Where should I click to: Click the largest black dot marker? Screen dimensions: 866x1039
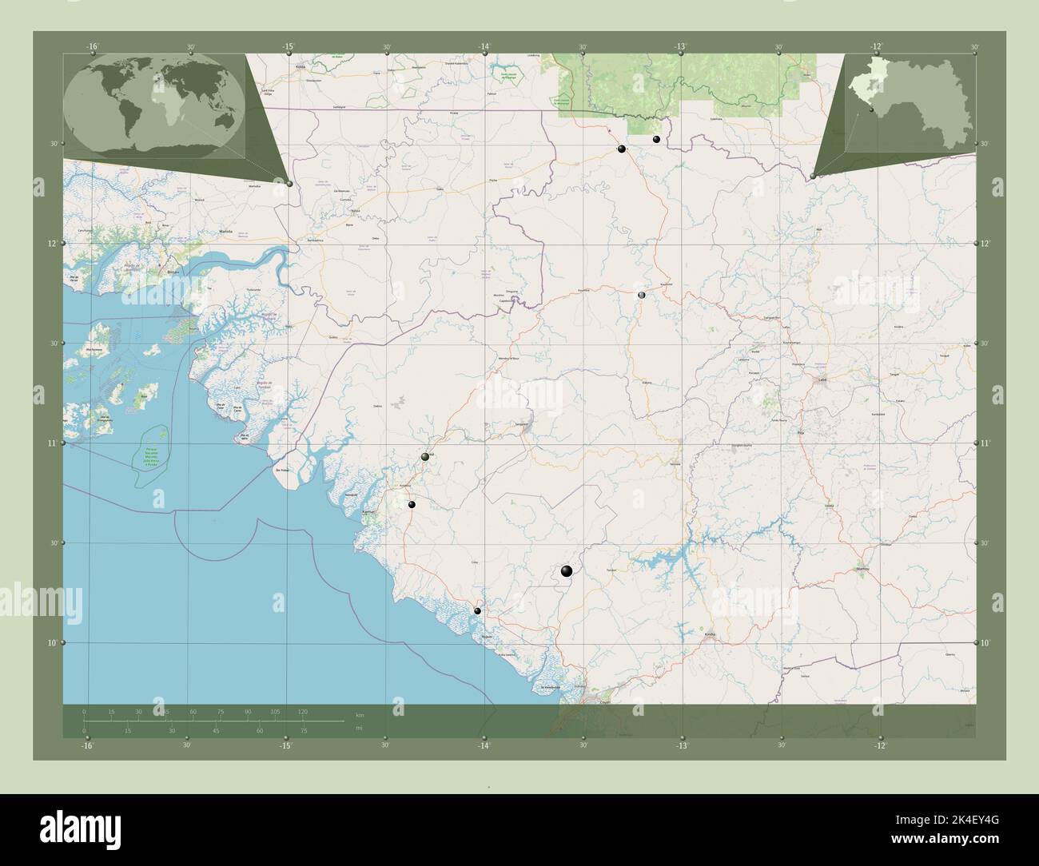567,570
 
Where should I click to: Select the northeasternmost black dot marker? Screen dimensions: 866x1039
656,139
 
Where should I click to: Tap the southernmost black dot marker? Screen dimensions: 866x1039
477,611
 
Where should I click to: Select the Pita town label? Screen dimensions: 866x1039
802,432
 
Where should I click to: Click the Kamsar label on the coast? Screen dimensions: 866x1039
368,512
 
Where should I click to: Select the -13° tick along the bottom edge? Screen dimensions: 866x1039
681,745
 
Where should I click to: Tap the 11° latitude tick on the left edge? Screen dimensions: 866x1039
52,443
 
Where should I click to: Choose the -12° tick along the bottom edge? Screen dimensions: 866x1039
879,745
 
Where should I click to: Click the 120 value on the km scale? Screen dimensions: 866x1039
303,711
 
